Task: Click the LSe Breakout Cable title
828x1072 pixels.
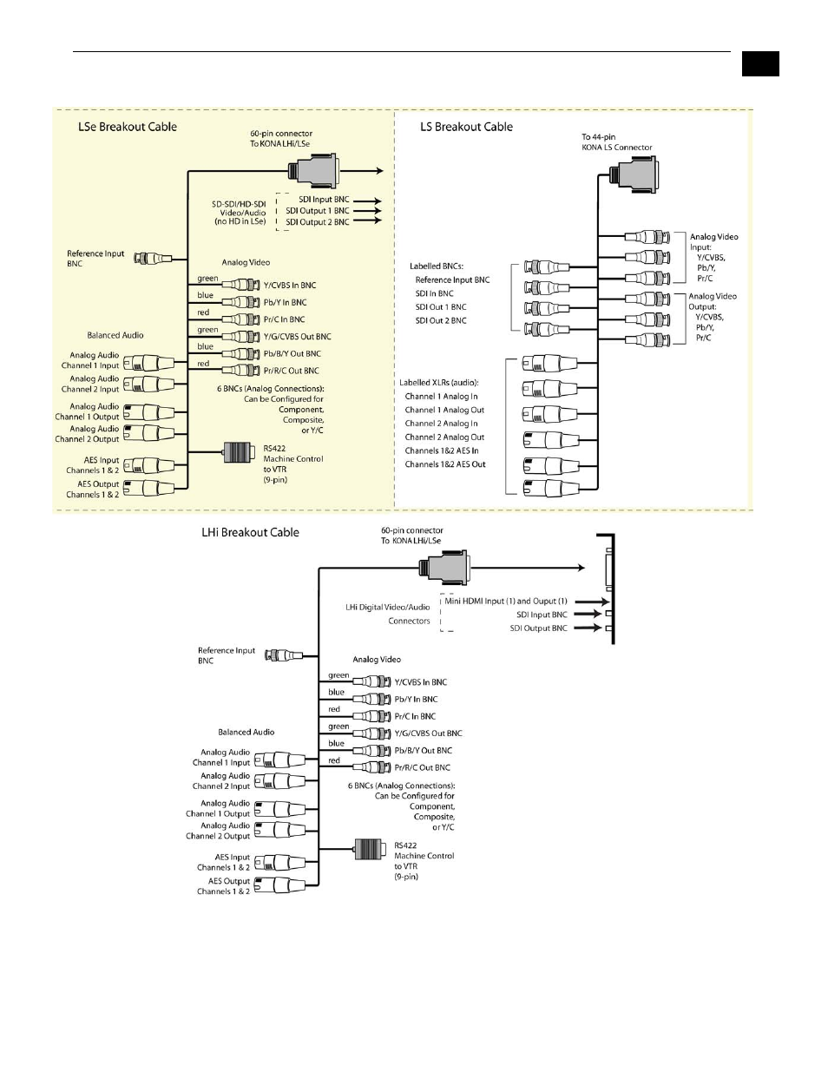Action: (128, 127)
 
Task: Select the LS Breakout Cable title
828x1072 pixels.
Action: (466, 127)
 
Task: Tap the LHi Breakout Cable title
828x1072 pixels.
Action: (250, 533)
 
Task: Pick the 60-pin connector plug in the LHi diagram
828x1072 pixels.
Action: (444, 568)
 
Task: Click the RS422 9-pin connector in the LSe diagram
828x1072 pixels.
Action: (237, 452)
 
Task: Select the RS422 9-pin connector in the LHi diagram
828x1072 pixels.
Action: (369, 849)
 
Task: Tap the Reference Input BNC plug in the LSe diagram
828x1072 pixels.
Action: (158, 259)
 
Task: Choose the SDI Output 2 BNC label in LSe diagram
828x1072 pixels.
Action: (318, 222)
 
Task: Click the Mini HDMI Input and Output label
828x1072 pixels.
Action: (506, 601)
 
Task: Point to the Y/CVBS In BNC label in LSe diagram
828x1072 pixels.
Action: (290, 286)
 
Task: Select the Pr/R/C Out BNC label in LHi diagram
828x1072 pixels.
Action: (423, 767)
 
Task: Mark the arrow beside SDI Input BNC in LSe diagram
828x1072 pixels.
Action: (367, 201)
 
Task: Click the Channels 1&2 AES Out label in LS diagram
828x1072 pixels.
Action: (445, 464)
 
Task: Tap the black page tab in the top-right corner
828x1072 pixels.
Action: (760, 63)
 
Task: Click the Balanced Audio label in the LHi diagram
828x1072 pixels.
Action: (246, 732)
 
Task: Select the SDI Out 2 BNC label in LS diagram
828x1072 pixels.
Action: (441, 320)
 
